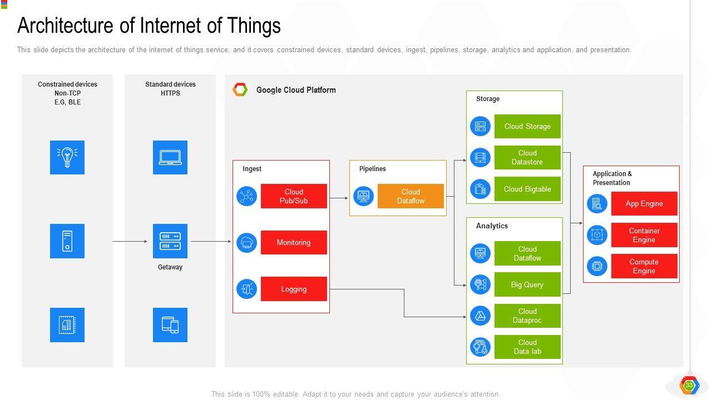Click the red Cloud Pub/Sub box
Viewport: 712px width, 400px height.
coord(294,196)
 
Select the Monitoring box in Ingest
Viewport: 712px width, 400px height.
coord(294,243)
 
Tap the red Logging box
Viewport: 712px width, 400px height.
coord(294,289)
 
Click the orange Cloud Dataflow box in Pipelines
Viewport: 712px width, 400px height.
coord(411,196)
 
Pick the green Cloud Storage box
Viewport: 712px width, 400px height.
coord(527,126)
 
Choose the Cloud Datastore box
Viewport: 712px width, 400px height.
coord(527,157)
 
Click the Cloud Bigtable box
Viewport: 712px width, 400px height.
coord(527,189)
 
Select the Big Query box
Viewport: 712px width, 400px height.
coord(527,284)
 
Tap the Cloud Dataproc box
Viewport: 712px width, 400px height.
coord(527,316)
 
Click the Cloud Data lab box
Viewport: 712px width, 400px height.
coord(527,347)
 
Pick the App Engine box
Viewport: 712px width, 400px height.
coord(644,203)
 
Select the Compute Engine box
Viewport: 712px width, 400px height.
coord(644,266)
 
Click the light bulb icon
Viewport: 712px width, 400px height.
coord(67,157)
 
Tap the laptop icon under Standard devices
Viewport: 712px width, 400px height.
coord(170,157)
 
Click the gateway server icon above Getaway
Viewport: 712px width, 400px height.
coord(170,241)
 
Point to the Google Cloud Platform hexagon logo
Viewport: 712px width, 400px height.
coord(240,89)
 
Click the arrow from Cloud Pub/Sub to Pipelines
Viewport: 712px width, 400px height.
coord(339,198)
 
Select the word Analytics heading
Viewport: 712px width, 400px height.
coord(492,226)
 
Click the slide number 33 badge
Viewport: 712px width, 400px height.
coord(689,385)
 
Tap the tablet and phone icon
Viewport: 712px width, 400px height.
coord(170,325)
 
